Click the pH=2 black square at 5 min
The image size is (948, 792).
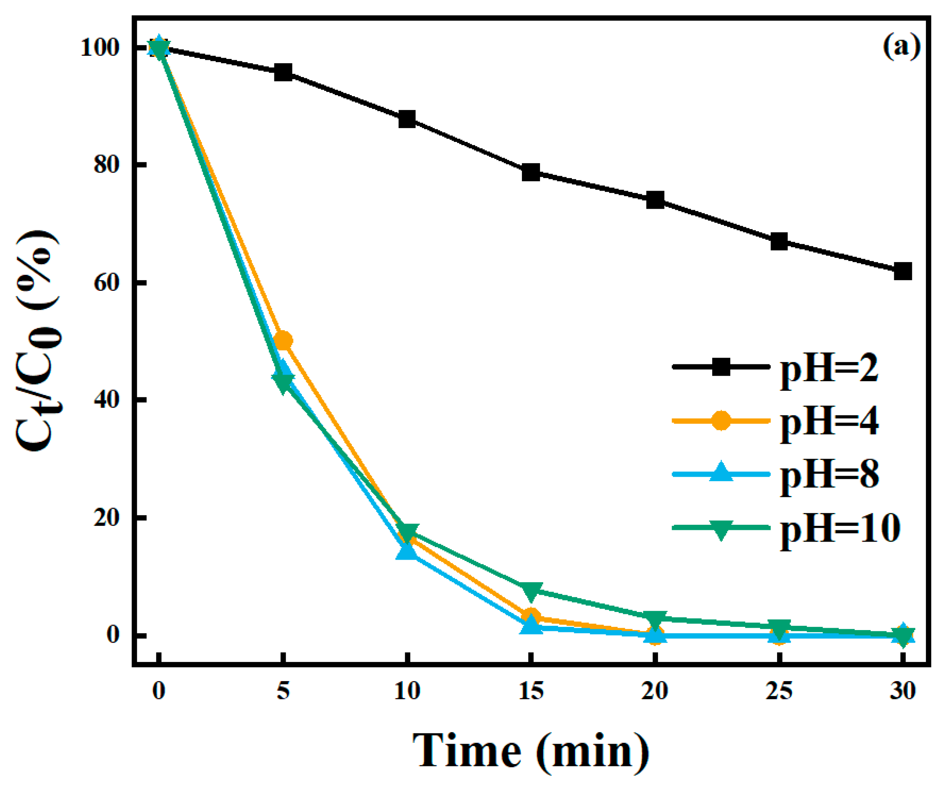click(x=283, y=72)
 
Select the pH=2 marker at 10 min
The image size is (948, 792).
click(x=407, y=119)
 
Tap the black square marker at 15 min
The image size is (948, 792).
click(x=531, y=172)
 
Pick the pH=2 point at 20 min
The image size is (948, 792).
click(x=655, y=200)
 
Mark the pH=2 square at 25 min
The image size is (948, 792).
click(x=779, y=242)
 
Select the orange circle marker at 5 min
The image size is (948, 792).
click(x=283, y=340)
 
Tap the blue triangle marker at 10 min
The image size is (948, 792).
click(x=406, y=552)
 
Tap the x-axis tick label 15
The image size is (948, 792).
click(x=531, y=691)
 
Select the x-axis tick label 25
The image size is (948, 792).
click(x=779, y=691)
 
